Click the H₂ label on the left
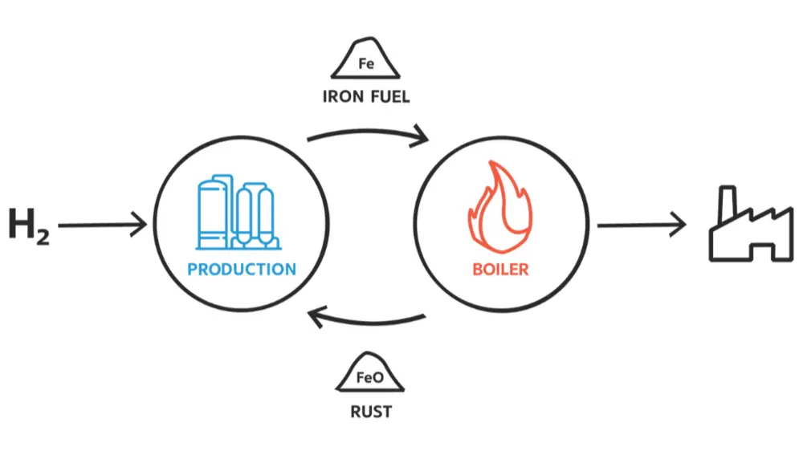28,225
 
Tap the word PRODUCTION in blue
242,269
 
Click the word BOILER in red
500,269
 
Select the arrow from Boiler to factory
641,225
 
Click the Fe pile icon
366,59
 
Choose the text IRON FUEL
366,97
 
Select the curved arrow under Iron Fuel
369,133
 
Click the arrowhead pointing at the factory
679,225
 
